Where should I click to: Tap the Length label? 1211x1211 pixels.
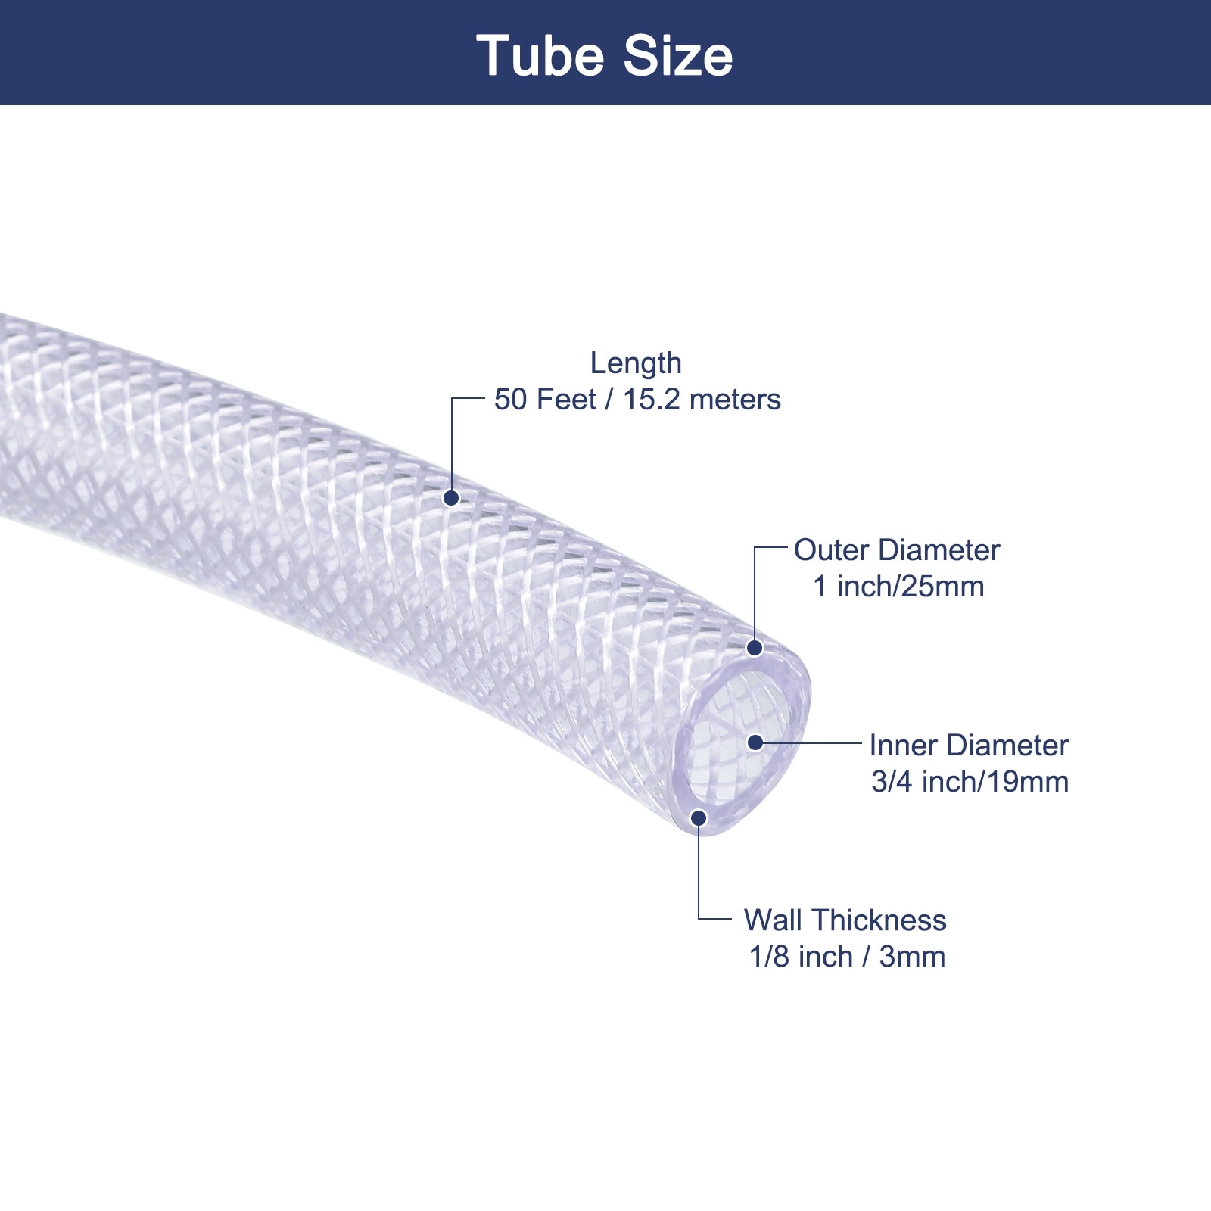[636, 363]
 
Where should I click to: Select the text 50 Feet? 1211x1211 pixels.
[545, 400]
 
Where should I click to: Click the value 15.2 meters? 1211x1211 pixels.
[702, 400]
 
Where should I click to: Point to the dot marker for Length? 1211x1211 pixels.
[451, 498]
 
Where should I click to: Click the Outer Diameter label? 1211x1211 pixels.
[897, 550]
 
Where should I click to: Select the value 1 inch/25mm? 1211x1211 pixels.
[898, 587]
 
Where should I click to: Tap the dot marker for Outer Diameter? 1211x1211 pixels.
[755, 648]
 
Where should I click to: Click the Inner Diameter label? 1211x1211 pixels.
[969, 746]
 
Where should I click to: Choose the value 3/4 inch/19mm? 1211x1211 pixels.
[970, 782]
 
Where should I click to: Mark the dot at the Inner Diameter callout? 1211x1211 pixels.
[755, 742]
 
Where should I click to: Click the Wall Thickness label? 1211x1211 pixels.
[845, 920]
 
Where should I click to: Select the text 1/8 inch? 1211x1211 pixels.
[801, 957]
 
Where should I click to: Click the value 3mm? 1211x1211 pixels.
[912, 957]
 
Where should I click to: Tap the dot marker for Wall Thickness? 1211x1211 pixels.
[699, 818]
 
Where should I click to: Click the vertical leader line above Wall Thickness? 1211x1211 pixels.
[699, 870]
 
